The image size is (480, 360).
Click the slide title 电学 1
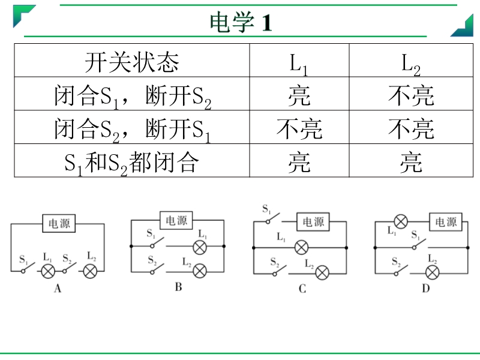coord(241,22)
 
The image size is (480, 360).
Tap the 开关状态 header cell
coord(132,62)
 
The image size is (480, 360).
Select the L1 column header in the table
coord(298,64)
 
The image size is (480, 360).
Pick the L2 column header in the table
coord(411,64)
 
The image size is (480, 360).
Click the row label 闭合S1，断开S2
coord(133,97)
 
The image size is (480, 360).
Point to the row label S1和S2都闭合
coord(131,163)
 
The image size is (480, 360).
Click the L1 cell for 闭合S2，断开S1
coord(299,129)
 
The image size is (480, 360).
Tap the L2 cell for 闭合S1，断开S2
coord(411,95)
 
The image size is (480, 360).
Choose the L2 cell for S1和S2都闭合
coord(411,162)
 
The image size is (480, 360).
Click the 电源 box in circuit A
coord(59,223)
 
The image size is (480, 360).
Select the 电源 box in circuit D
coord(446,221)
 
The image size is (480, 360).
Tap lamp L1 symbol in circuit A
coord(48,271)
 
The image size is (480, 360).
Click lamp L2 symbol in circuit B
coord(200,271)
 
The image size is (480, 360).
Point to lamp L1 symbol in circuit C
coord(301,247)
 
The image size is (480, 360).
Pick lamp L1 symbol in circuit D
coord(401,221)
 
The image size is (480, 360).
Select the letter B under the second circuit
coord(178,287)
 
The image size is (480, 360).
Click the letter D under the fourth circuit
coord(426,289)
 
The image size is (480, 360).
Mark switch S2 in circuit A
coord(69,268)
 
